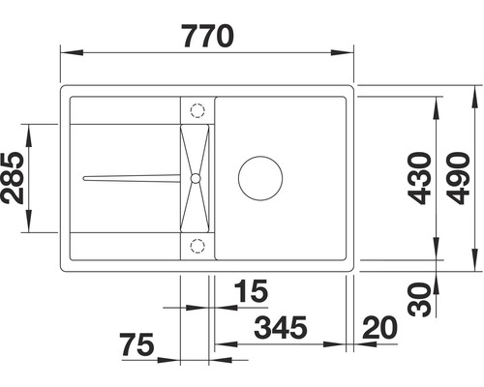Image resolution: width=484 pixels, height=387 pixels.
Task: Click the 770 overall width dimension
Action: point(206,36)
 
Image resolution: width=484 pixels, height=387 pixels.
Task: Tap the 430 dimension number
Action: point(418,179)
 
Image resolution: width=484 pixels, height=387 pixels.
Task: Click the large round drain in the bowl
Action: point(259,177)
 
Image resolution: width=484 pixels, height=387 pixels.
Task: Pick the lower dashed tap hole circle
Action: point(197,244)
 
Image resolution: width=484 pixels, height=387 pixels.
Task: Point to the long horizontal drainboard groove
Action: point(131,178)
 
